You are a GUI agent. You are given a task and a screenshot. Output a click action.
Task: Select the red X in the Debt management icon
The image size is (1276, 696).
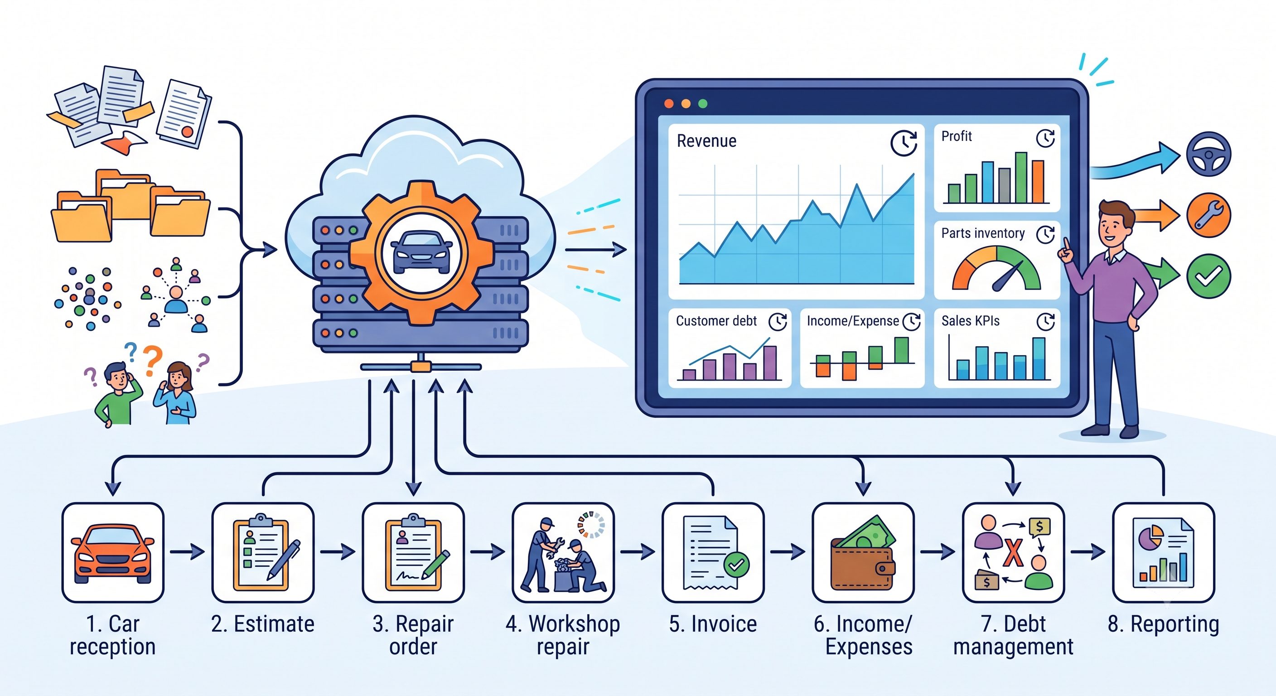pos(1014,552)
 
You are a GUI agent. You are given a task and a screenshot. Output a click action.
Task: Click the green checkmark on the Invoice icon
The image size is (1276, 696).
pos(736,565)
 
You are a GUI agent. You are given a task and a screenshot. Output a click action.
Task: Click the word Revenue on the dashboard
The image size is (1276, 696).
pos(706,141)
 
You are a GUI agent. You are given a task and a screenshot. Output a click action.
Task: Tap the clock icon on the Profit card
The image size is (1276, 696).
pos(1045,138)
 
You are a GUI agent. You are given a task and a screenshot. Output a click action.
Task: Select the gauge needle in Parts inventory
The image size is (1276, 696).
pos(1006,277)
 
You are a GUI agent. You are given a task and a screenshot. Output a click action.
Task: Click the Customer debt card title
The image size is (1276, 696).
pos(716,321)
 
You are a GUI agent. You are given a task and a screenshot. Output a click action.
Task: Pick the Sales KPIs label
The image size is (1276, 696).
pos(971,321)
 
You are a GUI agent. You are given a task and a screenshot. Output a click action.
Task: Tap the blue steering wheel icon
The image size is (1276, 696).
pos(1208,154)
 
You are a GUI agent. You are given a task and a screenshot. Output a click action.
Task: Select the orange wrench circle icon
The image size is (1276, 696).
pos(1208,215)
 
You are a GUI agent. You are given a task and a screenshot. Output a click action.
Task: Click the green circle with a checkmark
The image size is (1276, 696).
pos(1208,276)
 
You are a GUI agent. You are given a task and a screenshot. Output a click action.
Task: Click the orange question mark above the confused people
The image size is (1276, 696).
pos(153,361)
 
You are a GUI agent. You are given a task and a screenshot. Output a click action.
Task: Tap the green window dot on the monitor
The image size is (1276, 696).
pos(702,103)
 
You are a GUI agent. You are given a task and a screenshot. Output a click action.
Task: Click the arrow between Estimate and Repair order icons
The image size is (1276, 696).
pos(338,551)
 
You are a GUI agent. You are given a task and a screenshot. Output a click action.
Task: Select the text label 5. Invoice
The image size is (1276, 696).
pos(713,624)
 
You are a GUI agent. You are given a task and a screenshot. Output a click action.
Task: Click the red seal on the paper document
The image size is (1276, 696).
pos(187,132)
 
